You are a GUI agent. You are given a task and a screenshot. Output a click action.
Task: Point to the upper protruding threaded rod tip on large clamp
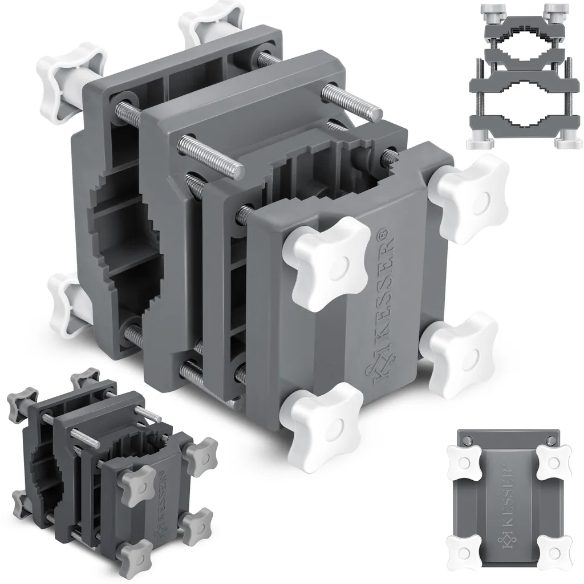coord(374,111)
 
